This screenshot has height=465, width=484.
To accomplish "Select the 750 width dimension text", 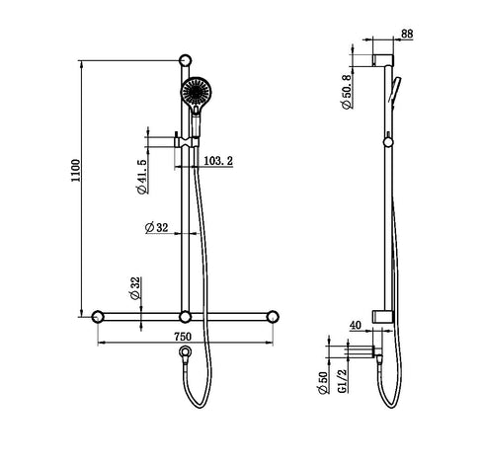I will pyautogui.click(x=183, y=337).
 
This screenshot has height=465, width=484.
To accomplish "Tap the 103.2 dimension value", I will pyautogui.click(x=218, y=158).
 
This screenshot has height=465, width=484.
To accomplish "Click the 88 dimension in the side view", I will pyautogui.click(x=406, y=35).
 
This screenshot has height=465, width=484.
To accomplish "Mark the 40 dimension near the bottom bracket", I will pyautogui.click(x=356, y=323).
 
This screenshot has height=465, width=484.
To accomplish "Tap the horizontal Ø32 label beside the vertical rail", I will pyautogui.click(x=156, y=227).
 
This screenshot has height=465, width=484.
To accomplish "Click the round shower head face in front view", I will pyautogui.click(x=195, y=95).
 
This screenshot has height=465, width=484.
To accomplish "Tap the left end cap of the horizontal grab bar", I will pyautogui.click(x=98, y=317).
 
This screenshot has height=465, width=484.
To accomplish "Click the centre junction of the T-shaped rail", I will pyautogui.click(x=184, y=317).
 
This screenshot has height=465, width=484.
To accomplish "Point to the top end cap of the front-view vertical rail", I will pyautogui.click(x=184, y=63).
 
